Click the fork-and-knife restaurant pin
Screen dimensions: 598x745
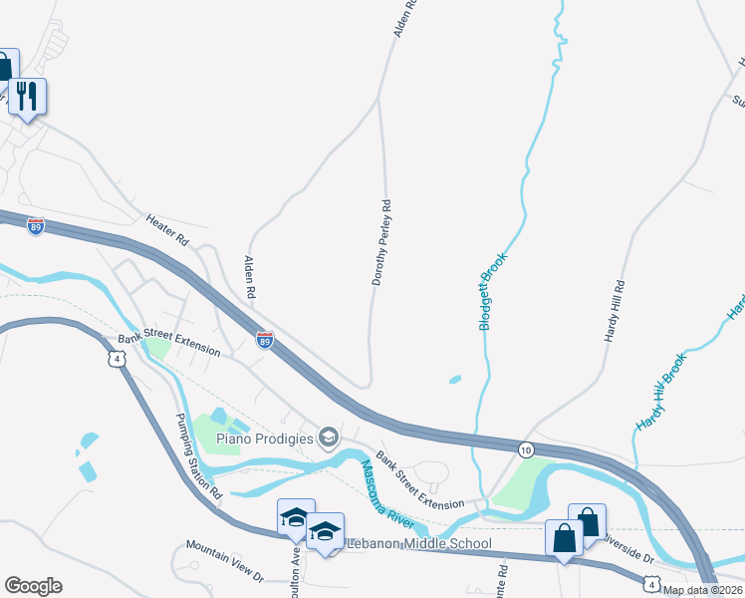click(x=27, y=97)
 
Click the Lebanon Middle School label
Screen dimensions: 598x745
click(x=418, y=543)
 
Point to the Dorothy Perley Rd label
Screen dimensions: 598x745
click(x=382, y=242)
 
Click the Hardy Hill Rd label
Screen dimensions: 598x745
click(x=615, y=311)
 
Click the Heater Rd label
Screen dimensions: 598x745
click(x=167, y=230)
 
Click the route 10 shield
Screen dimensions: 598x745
click(x=525, y=450)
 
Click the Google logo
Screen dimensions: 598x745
click(x=33, y=586)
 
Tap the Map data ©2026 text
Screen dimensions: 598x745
click(x=702, y=590)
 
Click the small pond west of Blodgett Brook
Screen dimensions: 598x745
click(x=455, y=380)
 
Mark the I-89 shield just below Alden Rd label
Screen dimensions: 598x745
click(x=264, y=340)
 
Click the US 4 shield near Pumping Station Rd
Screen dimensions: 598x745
click(x=118, y=359)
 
